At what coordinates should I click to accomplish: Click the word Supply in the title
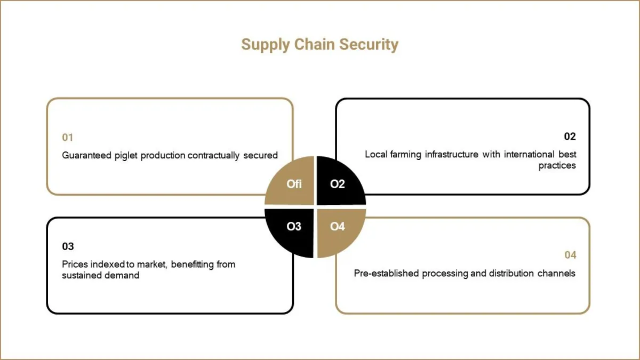point(266,45)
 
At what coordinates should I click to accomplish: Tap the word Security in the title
point(369,45)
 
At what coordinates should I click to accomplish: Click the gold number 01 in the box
point(68,138)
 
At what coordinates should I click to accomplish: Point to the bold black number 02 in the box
point(570,137)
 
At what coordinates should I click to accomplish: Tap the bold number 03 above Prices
point(68,246)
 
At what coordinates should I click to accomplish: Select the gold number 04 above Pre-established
point(570,255)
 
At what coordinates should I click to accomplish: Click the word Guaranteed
point(86,155)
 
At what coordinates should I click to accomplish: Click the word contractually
point(213,156)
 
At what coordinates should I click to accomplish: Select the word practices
point(557,166)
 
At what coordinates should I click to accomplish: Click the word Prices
point(75,265)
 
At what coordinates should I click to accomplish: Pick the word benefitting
point(193,265)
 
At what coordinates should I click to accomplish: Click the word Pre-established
point(386,274)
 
